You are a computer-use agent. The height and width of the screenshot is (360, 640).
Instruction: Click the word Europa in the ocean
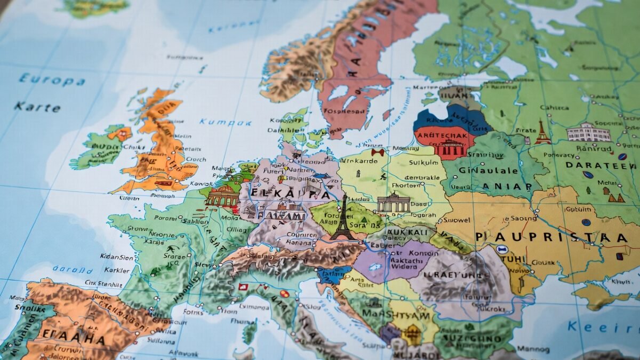[x=52, y=80]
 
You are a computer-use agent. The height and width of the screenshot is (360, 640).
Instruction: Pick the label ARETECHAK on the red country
[x=444, y=135]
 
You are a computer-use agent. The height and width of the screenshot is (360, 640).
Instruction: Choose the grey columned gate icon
[x=394, y=203]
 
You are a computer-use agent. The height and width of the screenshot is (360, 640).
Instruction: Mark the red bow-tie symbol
[x=378, y=153]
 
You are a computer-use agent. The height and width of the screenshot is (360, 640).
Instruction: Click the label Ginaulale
[x=489, y=171]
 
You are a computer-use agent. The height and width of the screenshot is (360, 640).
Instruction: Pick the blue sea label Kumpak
[x=225, y=122]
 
